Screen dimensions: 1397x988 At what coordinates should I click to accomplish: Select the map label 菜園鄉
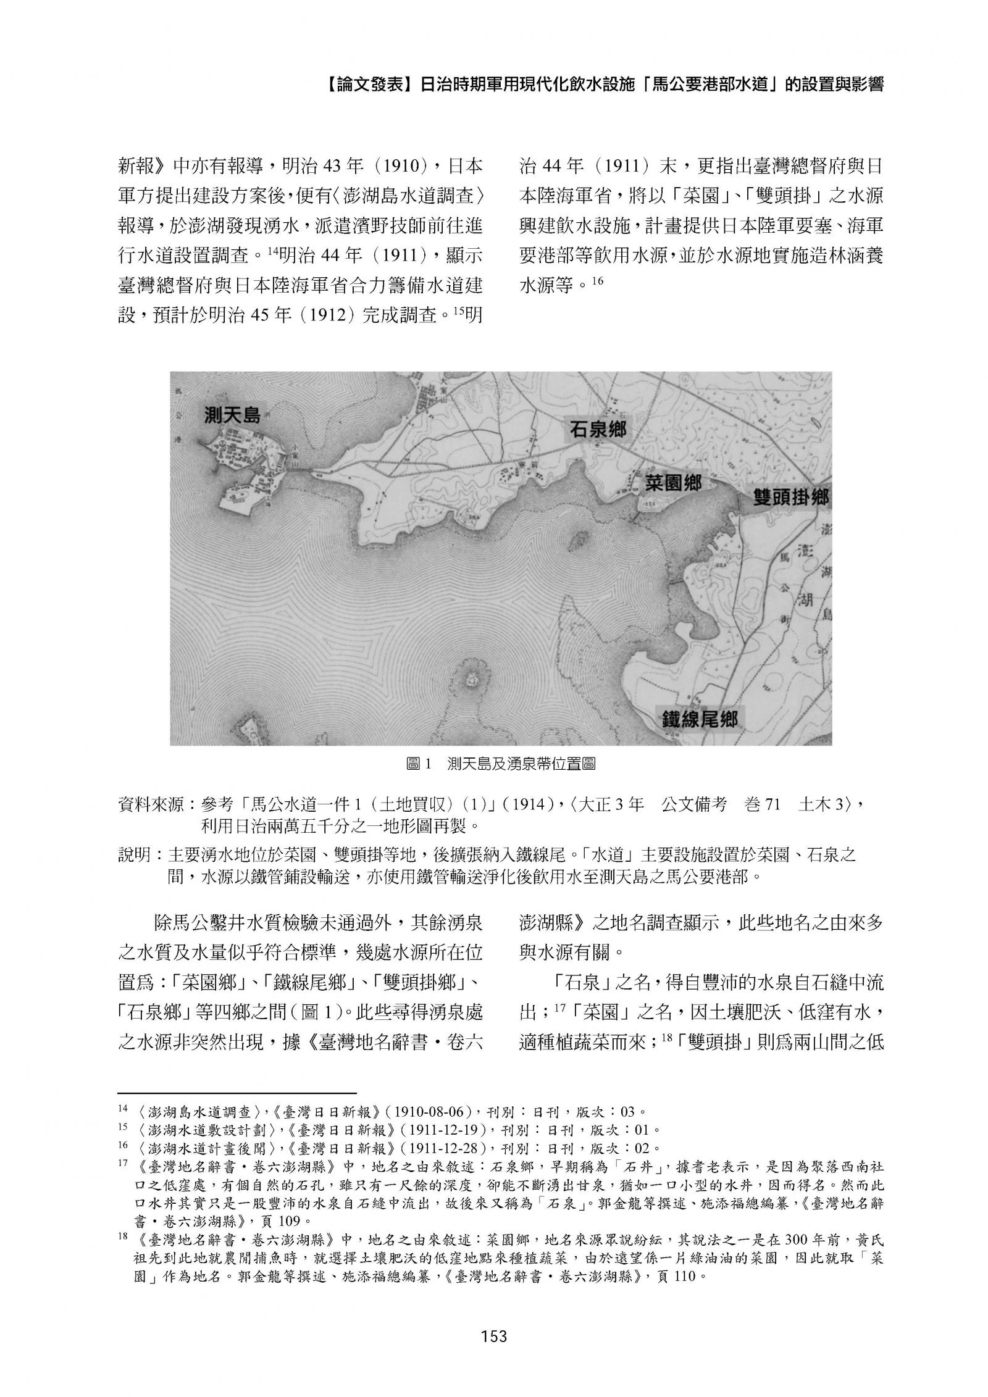coord(673,483)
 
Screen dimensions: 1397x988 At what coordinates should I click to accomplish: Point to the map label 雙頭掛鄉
coord(792,498)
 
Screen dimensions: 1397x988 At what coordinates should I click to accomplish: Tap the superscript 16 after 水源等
coord(596,281)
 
